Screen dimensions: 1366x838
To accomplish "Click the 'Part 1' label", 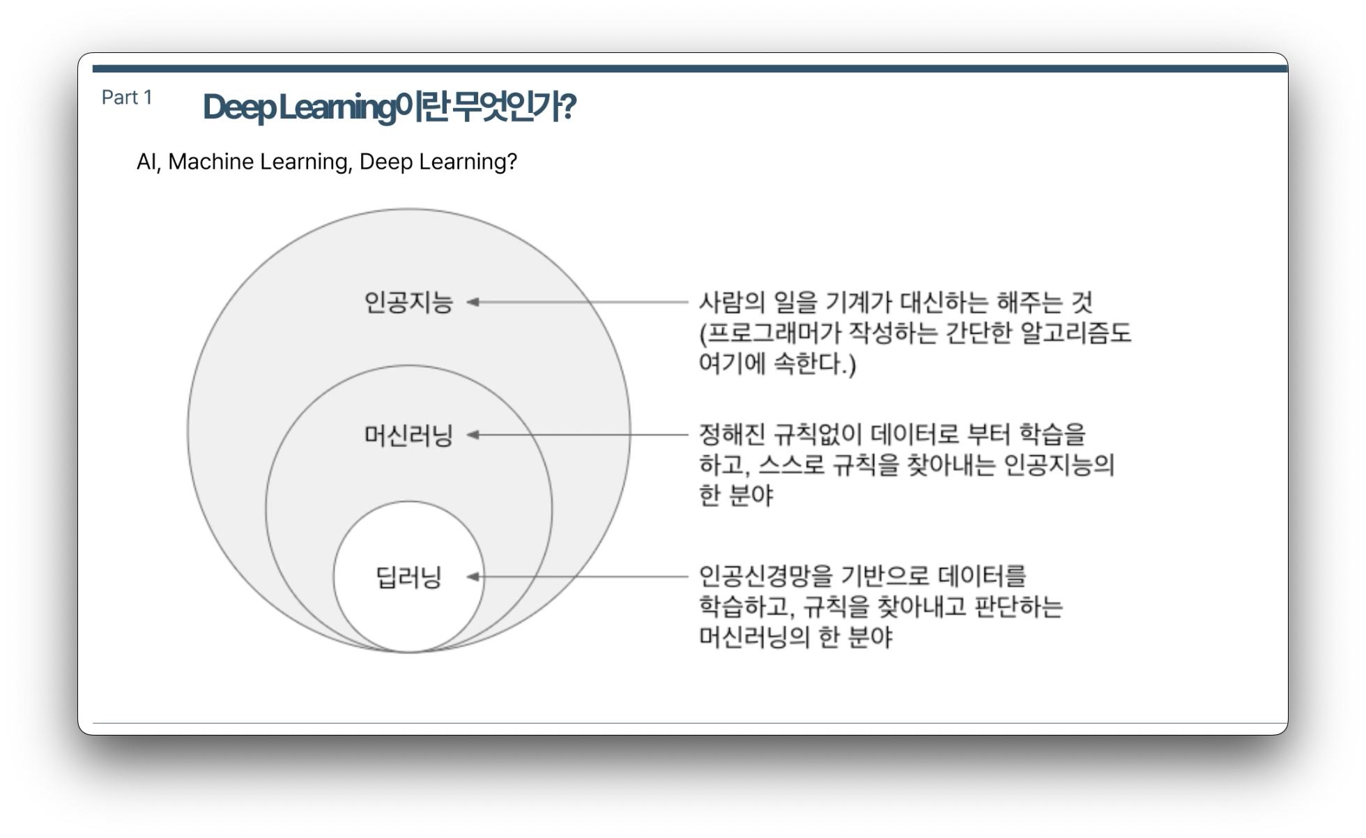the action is [127, 98].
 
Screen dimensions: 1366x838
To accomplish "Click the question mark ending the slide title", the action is [568, 107].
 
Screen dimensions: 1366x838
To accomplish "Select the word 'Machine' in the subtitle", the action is [211, 162].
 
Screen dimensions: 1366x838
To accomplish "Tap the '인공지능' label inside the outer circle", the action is [408, 303].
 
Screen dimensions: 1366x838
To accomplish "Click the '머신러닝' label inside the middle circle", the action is [408, 436].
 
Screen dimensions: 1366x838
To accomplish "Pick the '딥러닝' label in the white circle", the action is [408, 577].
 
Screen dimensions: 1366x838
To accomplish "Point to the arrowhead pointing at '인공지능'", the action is [473, 303].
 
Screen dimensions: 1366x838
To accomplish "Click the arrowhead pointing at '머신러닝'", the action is [473, 435].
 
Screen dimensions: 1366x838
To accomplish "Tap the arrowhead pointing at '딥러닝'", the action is [473, 577].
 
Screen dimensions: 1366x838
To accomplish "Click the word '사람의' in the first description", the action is [732, 303].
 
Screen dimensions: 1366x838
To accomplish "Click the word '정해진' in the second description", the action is [732, 435].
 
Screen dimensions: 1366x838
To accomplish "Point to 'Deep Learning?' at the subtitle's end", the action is [438, 162].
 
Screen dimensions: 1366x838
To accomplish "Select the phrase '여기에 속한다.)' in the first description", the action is [777, 364].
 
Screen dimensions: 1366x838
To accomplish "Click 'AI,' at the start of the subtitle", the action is [148, 162].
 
